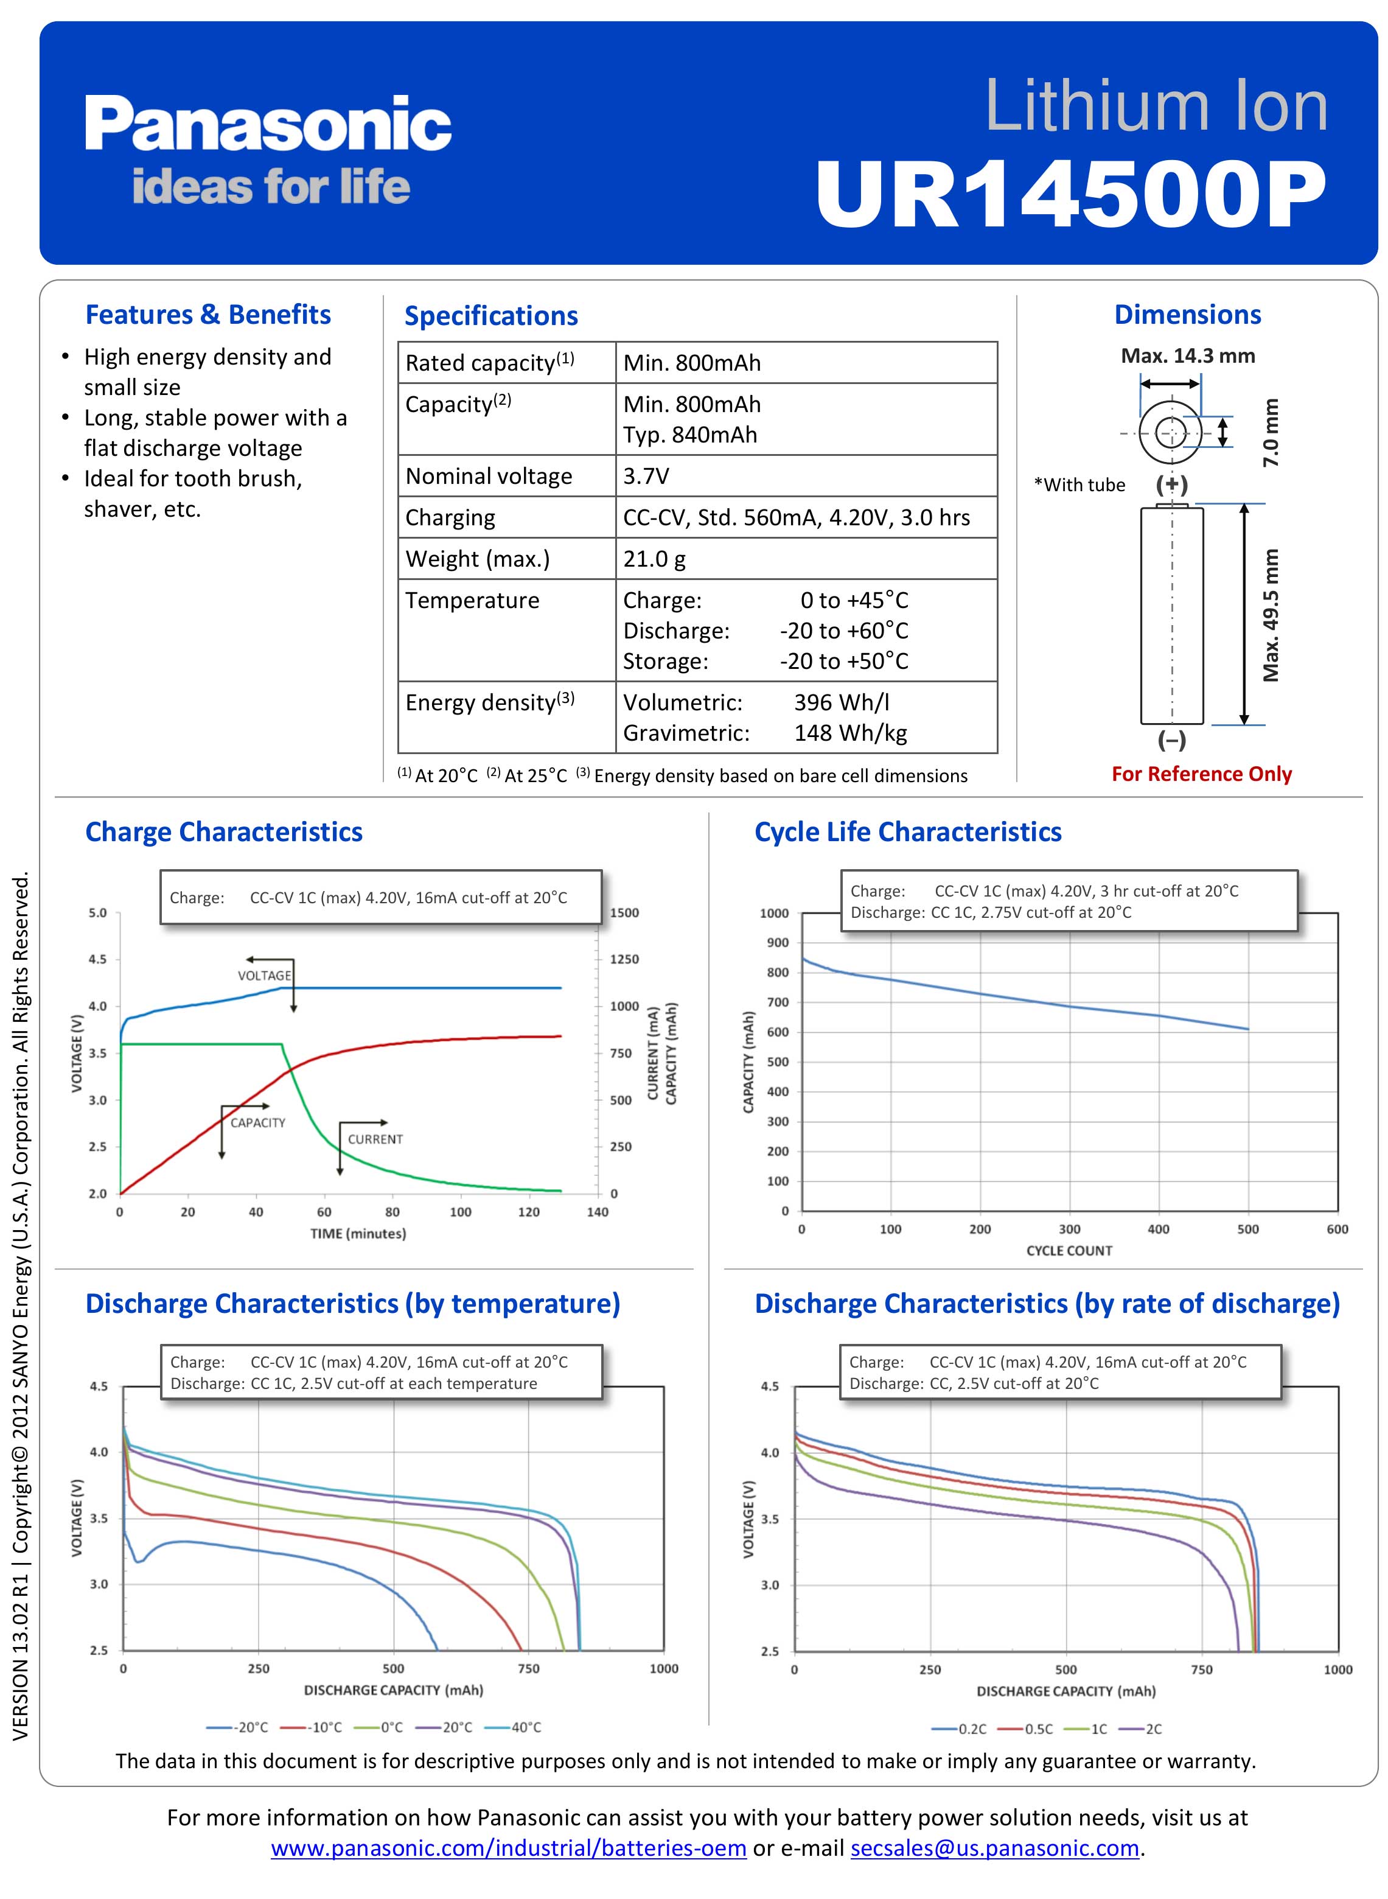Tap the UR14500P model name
point(1071,195)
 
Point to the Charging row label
point(450,517)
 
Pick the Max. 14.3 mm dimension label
point(1188,355)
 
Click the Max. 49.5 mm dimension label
point(1271,615)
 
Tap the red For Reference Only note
point(1201,774)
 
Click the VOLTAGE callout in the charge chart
point(265,976)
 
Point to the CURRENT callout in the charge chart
point(375,1139)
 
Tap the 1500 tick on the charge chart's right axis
point(624,912)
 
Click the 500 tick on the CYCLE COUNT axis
point(1247,1229)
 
